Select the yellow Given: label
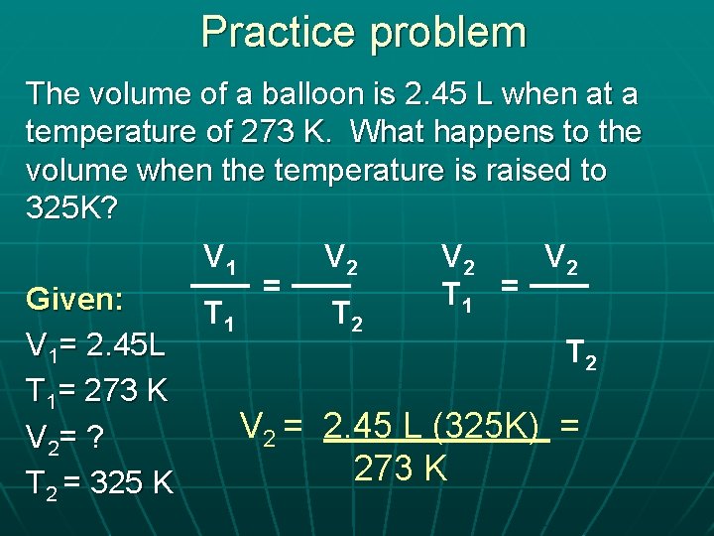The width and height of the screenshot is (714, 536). pyautogui.click(x=89, y=299)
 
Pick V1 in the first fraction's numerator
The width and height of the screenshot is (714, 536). pyautogui.click(x=219, y=259)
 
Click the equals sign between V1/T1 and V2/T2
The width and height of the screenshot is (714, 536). pyautogui.click(x=270, y=286)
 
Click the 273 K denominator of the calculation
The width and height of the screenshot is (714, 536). pyautogui.click(x=400, y=467)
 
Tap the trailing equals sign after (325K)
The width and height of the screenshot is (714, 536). pyautogui.click(x=568, y=427)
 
